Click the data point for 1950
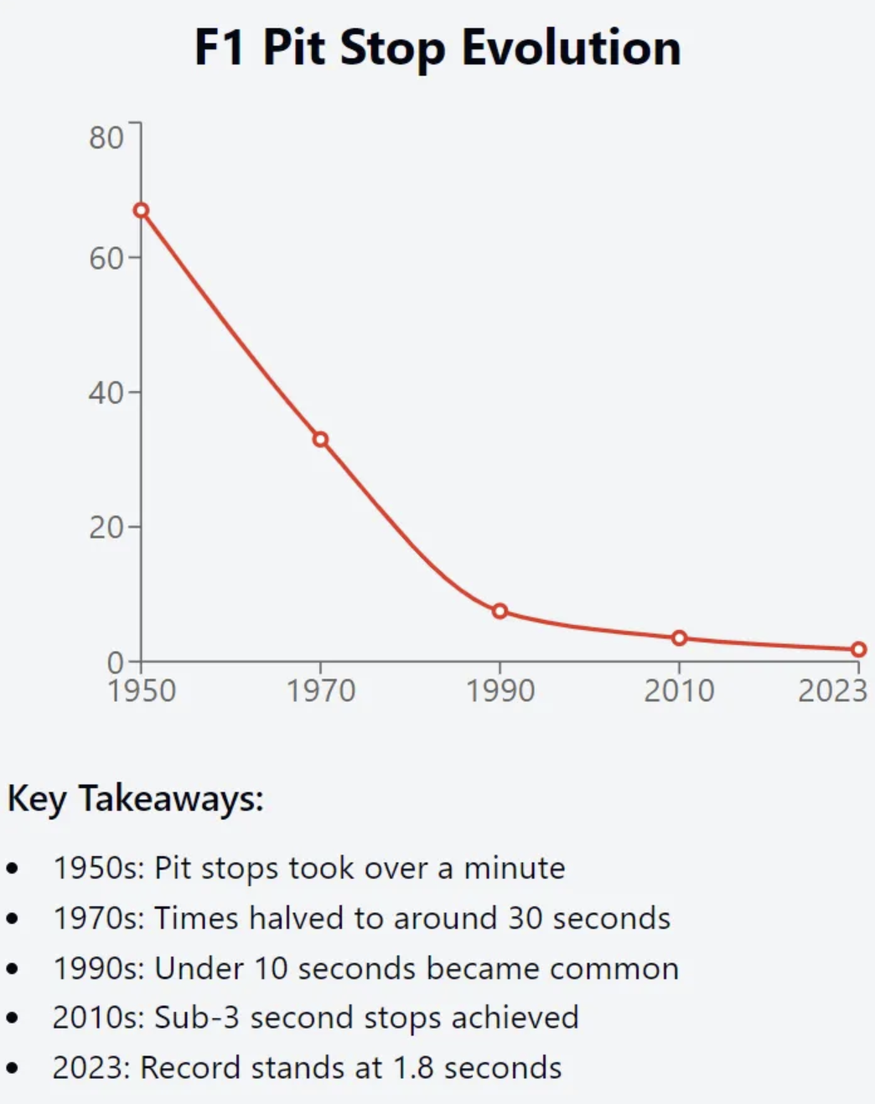pyautogui.click(x=142, y=210)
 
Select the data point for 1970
pyautogui.click(x=320, y=440)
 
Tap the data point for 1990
pyautogui.click(x=500, y=611)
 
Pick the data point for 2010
pyautogui.click(x=679, y=638)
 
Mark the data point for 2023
pyautogui.click(x=858, y=649)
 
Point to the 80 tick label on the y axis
pyautogui.click(x=106, y=137)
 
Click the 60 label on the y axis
pyautogui.click(x=106, y=259)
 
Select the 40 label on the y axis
pyautogui.click(x=106, y=393)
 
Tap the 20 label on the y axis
pyautogui.click(x=106, y=528)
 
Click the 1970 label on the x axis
pyautogui.click(x=321, y=691)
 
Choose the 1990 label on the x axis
pyautogui.click(x=500, y=691)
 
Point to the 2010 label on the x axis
pyautogui.click(x=679, y=691)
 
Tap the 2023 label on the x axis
pyautogui.click(x=831, y=691)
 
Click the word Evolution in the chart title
pyautogui.click(x=571, y=48)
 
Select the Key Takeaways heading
pyautogui.click(x=136, y=798)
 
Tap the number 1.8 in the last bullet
pyautogui.click(x=413, y=1068)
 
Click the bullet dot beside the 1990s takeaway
pyautogui.click(x=12, y=969)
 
